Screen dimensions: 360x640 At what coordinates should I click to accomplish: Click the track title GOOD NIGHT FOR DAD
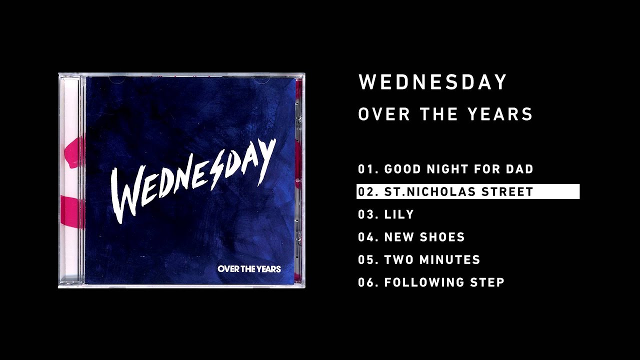[458, 169]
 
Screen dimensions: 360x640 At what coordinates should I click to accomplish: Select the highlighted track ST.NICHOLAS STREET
[458, 191]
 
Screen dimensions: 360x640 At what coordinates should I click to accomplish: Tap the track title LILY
[399, 214]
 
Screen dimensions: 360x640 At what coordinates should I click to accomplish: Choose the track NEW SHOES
[424, 237]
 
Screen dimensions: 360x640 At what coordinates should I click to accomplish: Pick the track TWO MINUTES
[432, 260]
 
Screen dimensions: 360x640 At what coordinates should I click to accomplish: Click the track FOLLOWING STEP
[444, 282]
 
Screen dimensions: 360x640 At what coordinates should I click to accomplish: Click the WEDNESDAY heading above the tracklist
[433, 82]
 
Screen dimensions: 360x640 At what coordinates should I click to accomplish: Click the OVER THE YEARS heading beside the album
[445, 114]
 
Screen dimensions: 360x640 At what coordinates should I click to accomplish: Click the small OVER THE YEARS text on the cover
[249, 269]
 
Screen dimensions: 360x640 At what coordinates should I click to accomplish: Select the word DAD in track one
[520, 169]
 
